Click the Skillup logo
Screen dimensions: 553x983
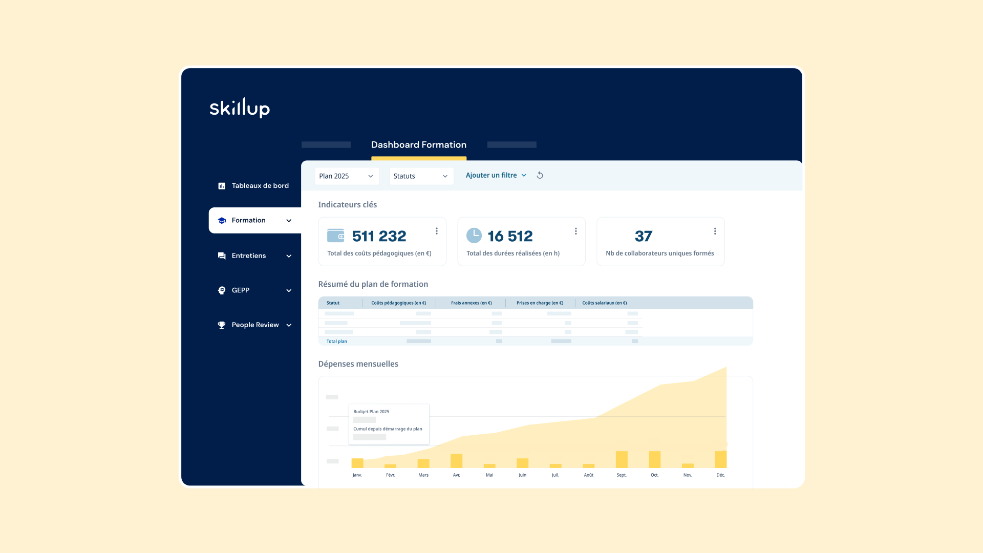tap(240, 108)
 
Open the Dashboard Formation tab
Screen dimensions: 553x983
tap(418, 145)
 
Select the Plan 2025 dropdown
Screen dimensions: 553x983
tap(347, 176)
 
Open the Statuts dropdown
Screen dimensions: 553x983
tap(421, 176)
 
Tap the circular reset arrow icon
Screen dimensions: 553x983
tap(540, 175)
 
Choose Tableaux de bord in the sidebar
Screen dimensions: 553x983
tap(260, 186)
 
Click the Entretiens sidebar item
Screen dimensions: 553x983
tap(249, 256)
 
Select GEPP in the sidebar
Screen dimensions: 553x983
tap(241, 290)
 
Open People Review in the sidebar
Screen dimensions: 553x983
tap(255, 325)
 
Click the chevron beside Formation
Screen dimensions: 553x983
tap(289, 221)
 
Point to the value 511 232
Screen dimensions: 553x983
tap(379, 236)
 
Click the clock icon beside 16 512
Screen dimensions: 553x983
tap(474, 236)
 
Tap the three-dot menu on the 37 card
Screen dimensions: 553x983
tap(715, 231)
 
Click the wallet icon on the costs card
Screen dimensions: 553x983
tap(336, 236)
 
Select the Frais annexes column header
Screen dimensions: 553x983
tap(471, 303)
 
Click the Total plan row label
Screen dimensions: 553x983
tap(337, 342)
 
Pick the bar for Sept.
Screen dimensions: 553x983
tap(622, 459)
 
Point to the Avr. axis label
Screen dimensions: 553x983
tap(456, 475)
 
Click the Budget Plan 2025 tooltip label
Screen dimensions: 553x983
tap(371, 412)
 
